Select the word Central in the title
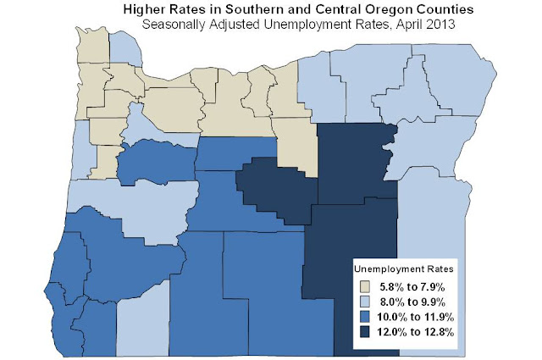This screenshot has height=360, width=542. [x=321, y=9]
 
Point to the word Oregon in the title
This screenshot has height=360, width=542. [x=373, y=9]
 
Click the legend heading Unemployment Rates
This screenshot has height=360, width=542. [x=403, y=268]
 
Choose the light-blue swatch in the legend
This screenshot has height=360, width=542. [x=365, y=300]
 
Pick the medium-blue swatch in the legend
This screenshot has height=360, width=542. [x=365, y=316]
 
